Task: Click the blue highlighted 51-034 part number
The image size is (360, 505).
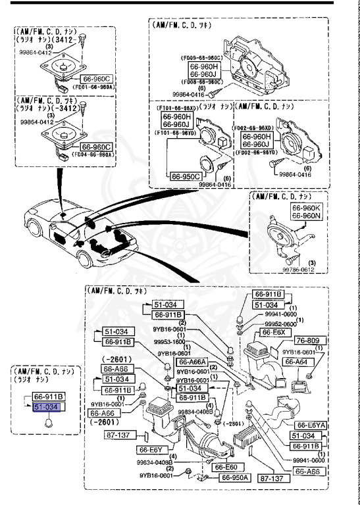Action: click(48, 408)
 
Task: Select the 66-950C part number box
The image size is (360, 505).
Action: click(186, 176)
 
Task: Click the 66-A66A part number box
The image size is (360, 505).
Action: click(196, 362)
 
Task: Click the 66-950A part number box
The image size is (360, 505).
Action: click(225, 477)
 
